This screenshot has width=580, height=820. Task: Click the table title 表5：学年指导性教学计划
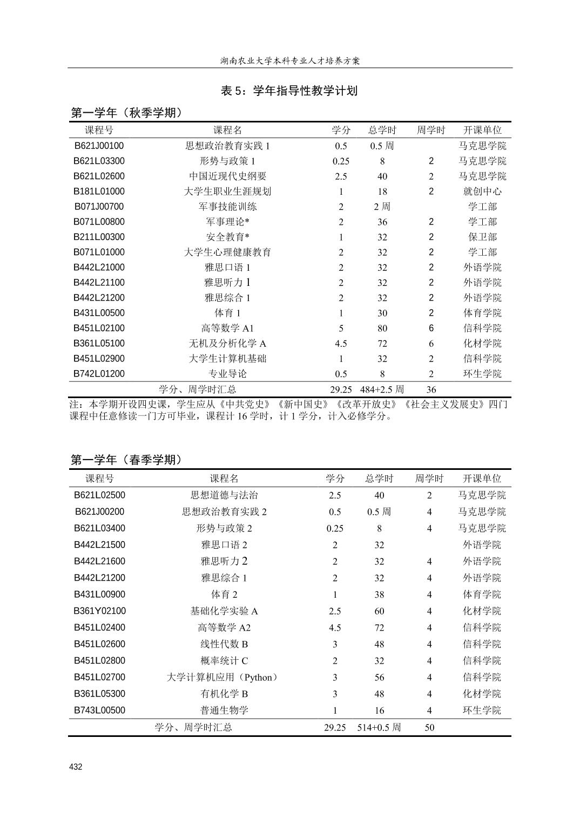click(289, 91)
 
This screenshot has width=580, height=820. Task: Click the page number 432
click(76, 767)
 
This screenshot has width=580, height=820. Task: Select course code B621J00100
click(99, 146)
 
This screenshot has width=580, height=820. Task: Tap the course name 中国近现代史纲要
click(227, 176)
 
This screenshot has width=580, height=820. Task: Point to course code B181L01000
click(99, 192)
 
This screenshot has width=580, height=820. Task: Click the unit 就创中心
click(482, 192)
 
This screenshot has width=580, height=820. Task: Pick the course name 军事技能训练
click(227, 207)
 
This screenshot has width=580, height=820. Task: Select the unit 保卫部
click(482, 237)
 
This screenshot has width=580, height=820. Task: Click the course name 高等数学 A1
click(227, 328)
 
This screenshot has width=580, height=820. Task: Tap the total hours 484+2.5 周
click(382, 389)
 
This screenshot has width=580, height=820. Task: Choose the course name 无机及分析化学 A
click(227, 344)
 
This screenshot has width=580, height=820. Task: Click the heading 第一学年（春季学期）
click(127, 460)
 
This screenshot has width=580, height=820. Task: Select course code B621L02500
click(99, 495)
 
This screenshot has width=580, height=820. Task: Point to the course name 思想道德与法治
click(224, 495)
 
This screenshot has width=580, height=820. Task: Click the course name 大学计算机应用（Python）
click(223, 678)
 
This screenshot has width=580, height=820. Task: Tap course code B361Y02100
click(99, 611)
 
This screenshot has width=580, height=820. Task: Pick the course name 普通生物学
click(224, 710)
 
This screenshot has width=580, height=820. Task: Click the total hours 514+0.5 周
click(379, 727)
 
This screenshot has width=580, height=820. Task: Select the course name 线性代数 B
click(224, 644)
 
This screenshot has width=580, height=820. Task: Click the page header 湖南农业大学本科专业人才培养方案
click(290, 60)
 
